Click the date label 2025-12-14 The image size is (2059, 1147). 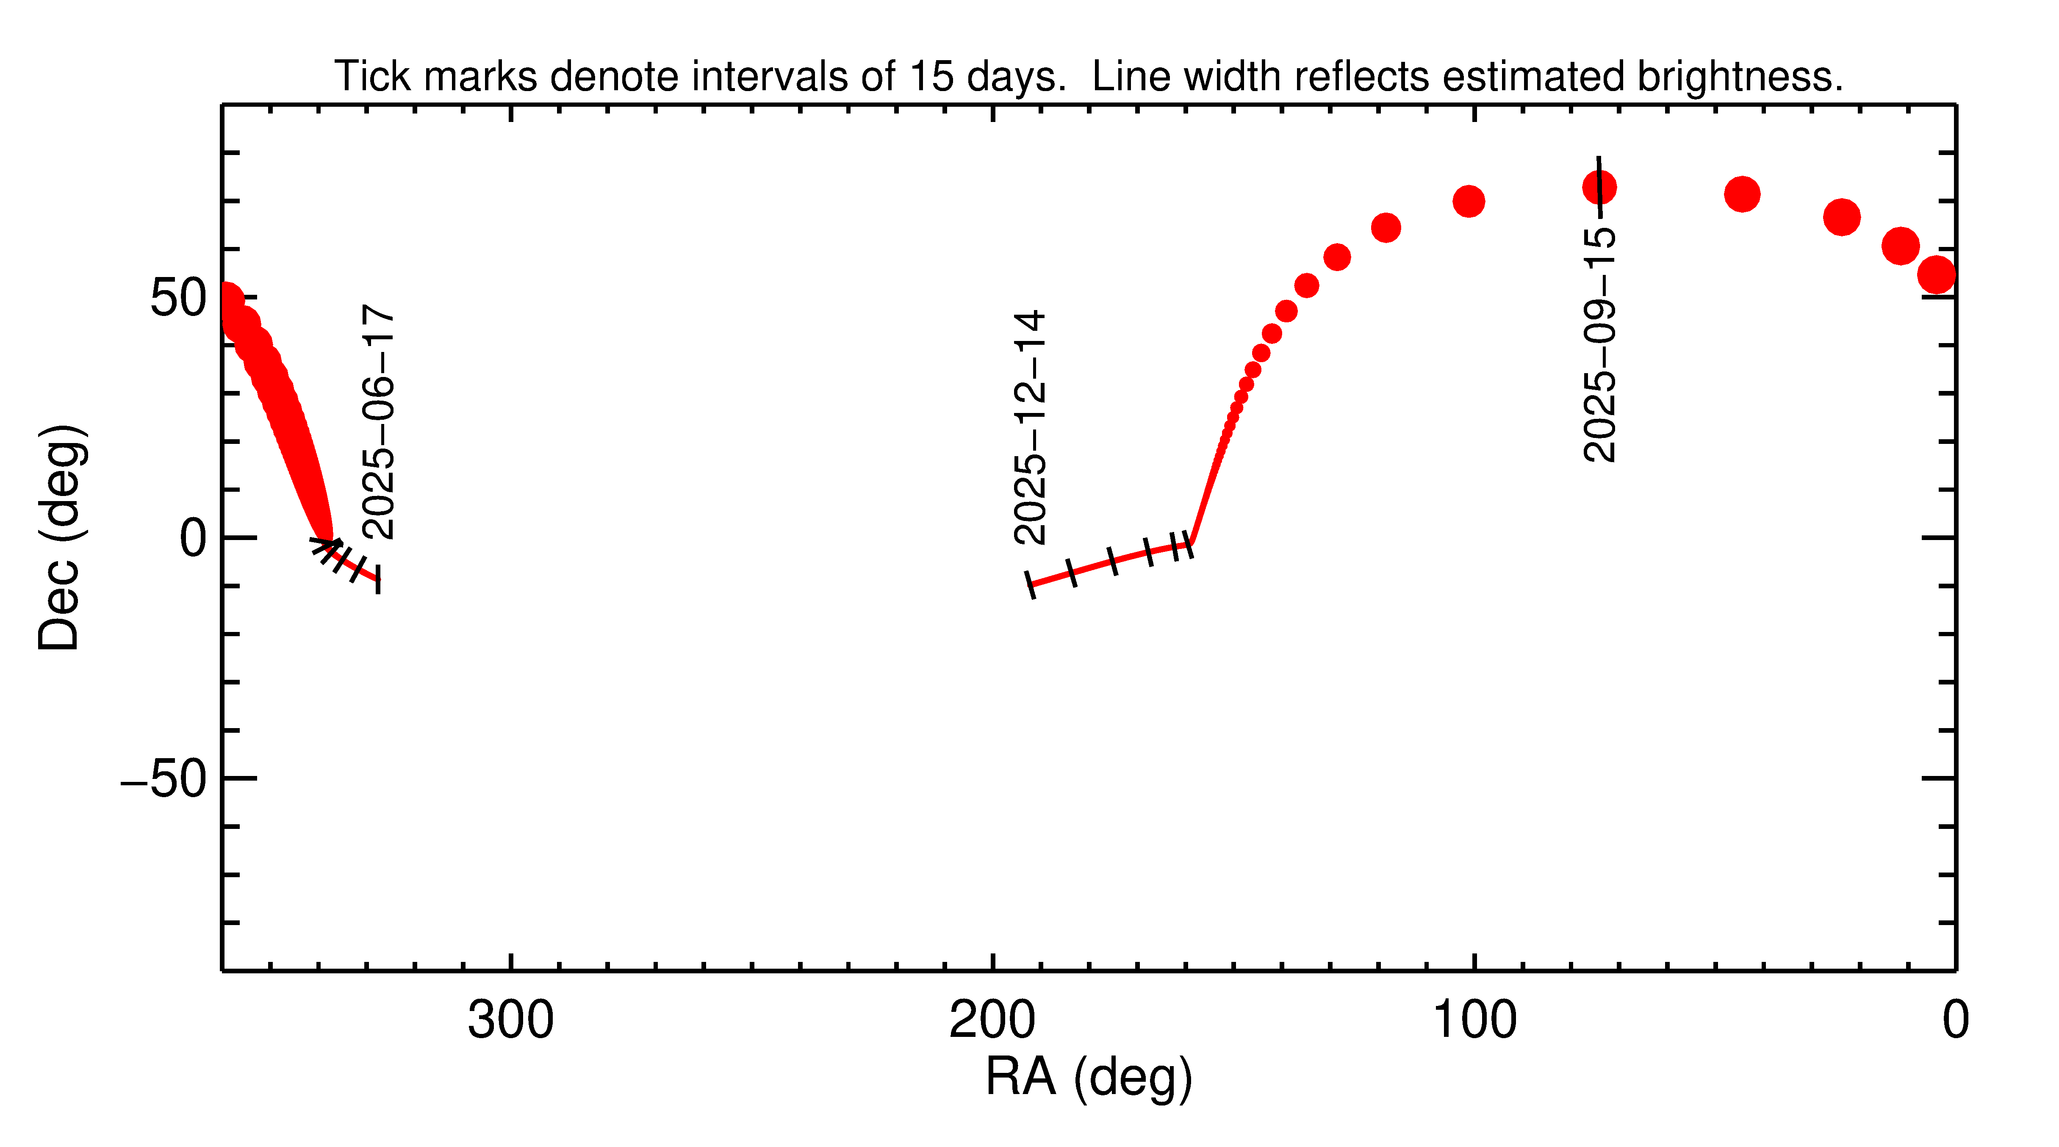tap(1029, 428)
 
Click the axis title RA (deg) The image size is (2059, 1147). tap(1089, 1078)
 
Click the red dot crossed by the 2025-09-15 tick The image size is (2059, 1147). tap(1599, 188)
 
